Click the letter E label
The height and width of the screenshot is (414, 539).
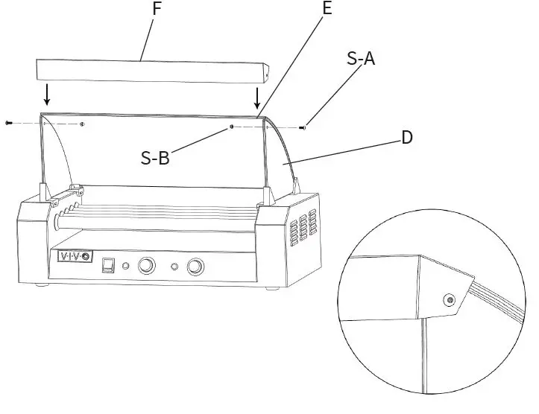[326, 10]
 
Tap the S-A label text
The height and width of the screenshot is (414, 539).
[361, 59]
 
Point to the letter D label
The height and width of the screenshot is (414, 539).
[407, 138]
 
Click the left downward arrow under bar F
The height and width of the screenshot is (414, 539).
[48, 95]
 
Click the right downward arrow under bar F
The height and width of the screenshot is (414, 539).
[257, 98]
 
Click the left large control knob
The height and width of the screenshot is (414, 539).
[146, 265]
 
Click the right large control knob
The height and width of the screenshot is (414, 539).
[196, 267]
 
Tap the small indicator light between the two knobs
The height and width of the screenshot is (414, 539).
[174, 267]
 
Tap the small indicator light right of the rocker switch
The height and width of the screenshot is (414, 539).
[125, 266]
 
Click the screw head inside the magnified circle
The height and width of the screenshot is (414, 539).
[449, 300]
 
